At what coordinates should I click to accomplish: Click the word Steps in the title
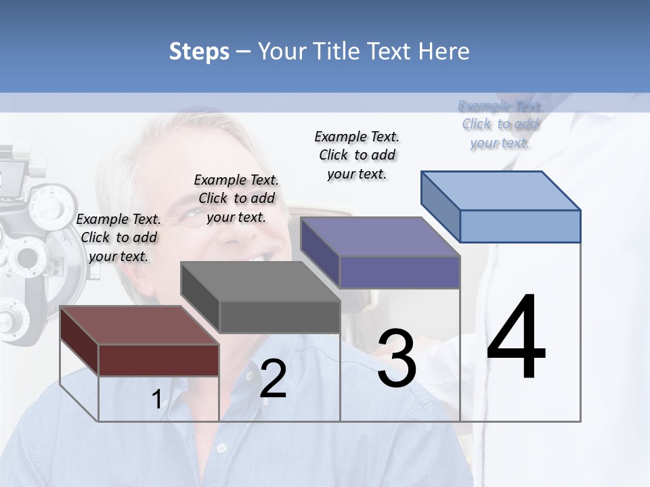click(x=199, y=51)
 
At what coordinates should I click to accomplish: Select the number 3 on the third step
click(x=396, y=358)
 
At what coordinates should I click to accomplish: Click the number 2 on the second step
click(x=273, y=379)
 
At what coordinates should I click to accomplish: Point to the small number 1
click(x=156, y=400)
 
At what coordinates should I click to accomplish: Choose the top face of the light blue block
click(x=501, y=190)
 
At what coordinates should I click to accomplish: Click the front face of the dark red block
click(x=158, y=360)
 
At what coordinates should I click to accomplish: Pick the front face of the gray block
click(x=280, y=317)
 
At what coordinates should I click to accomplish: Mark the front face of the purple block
click(x=399, y=272)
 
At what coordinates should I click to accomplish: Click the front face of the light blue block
click(x=520, y=226)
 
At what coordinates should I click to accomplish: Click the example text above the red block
click(x=119, y=237)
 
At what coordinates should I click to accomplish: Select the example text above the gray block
click(x=236, y=198)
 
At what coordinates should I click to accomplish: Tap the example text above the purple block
click(x=357, y=155)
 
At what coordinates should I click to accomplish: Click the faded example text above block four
click(x=500, y=124)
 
